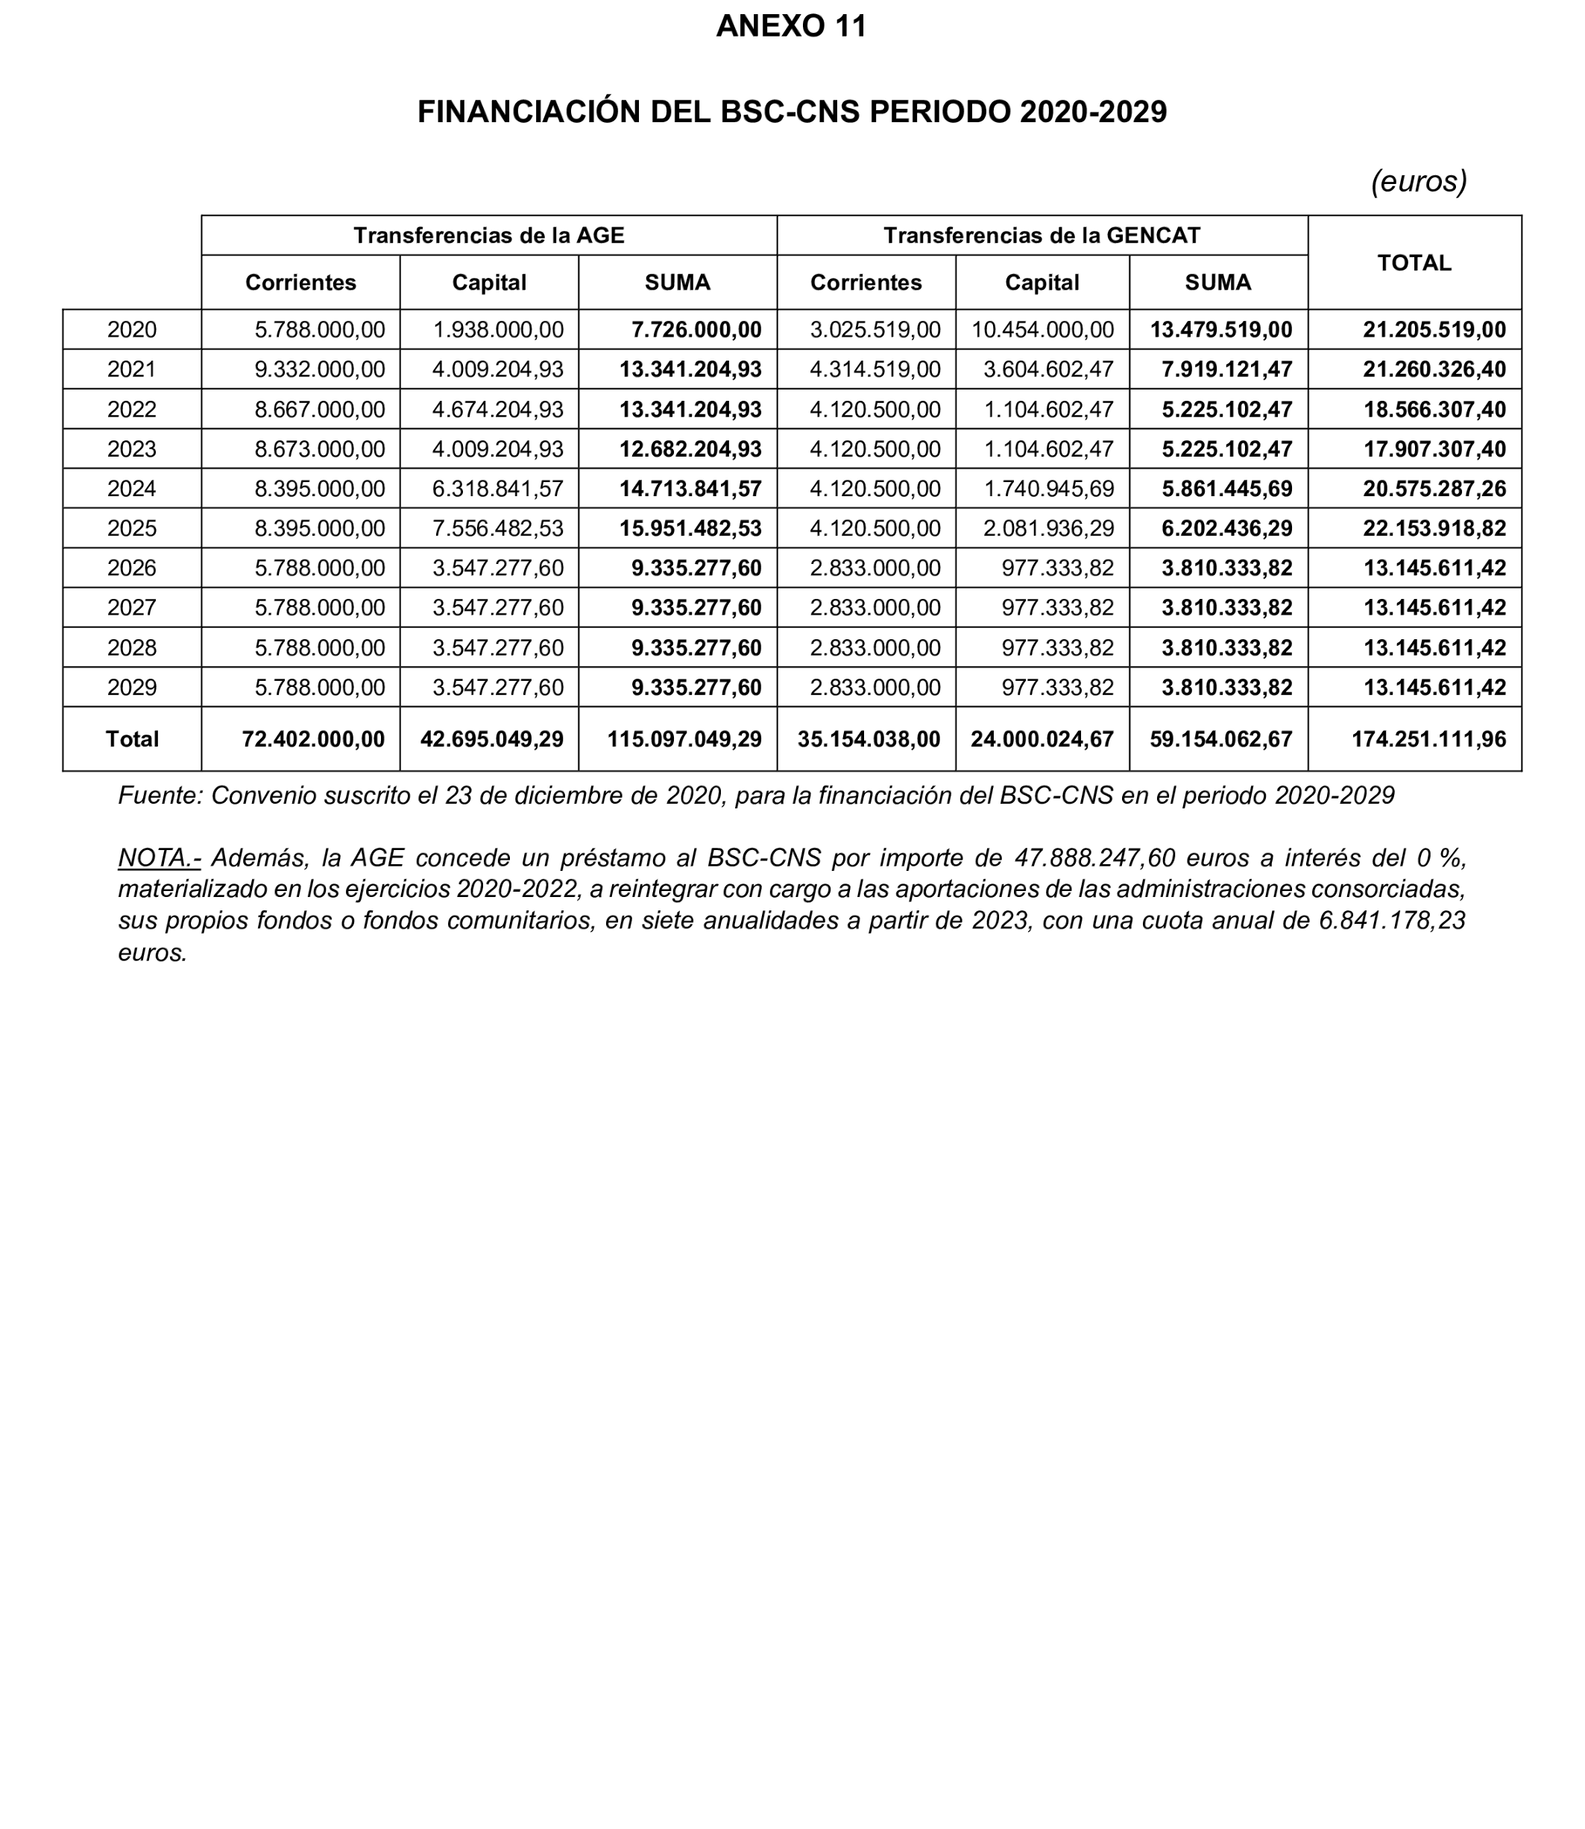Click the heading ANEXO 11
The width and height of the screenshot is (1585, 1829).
791,27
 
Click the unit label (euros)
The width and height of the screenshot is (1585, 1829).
1419,181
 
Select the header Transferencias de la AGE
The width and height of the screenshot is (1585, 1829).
488,235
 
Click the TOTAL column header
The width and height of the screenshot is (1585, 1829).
1414,262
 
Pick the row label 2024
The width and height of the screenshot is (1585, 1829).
132,489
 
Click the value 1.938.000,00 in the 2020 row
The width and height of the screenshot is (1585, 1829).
498,330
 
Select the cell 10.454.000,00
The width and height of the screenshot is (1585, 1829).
1042,330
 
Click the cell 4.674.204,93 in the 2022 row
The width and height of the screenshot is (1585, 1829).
498,409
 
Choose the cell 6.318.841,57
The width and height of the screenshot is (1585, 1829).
498,489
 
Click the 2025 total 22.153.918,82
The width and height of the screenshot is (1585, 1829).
1434,529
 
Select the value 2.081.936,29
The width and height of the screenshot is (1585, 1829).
1048,529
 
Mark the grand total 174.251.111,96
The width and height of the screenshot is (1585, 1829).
1428,739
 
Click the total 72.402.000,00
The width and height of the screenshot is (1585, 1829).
313,739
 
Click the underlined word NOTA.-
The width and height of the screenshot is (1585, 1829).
160,858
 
